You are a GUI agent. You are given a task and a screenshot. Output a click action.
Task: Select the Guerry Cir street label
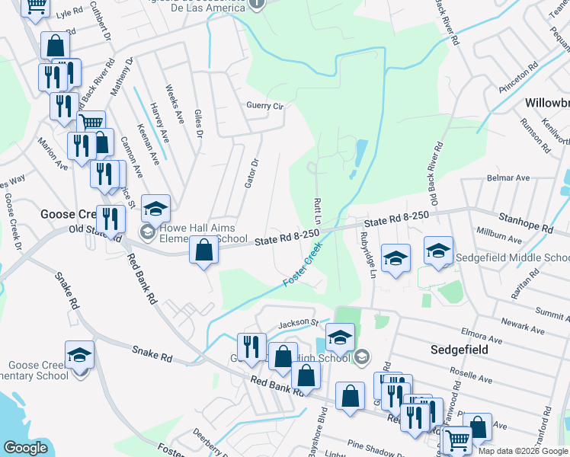(264, 106)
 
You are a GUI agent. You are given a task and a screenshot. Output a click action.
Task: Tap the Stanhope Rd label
(526, 228)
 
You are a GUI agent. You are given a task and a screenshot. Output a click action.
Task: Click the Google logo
(26, 448)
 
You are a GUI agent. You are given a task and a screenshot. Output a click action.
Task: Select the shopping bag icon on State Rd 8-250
(203, 250)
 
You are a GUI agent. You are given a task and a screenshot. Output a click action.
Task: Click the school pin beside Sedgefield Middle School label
(439, 252)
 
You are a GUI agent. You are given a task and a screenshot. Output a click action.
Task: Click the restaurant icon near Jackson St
(251, 347)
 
